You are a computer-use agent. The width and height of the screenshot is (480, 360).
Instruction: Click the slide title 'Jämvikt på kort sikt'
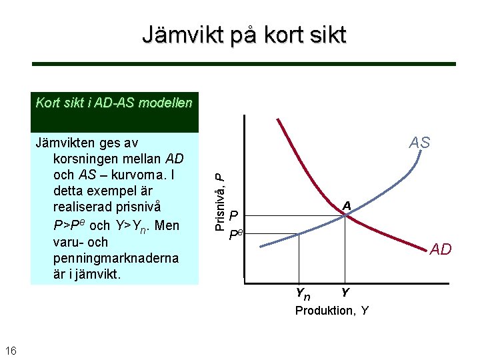[x=244, y=34]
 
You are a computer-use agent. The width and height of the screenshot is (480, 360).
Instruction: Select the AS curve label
[x=419, y=143]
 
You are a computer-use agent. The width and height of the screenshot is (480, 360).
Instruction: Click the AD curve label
[x=440, y=249]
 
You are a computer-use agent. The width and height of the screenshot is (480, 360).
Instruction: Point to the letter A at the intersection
[x=346, y=206]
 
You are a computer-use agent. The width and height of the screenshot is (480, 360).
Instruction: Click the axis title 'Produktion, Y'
[x=332, y=311]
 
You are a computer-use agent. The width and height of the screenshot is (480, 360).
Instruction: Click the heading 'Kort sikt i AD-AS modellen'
[x=114, y=103]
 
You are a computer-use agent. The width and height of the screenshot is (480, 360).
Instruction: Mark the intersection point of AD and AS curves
[x=345, y=215]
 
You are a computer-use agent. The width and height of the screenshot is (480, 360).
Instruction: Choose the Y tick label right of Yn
[x=344, y=293]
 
